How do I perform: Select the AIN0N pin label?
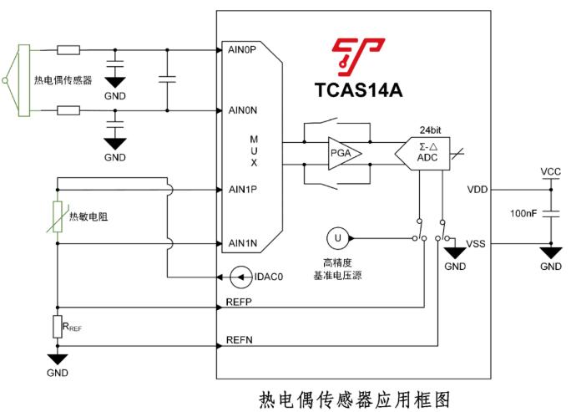click(241, 109)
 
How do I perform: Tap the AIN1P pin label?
click(241, 189)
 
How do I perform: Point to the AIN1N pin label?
click(241, 243)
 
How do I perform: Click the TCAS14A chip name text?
click(358, 89)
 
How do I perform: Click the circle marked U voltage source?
click(338, 238)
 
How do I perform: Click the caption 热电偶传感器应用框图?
click(347, 396)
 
